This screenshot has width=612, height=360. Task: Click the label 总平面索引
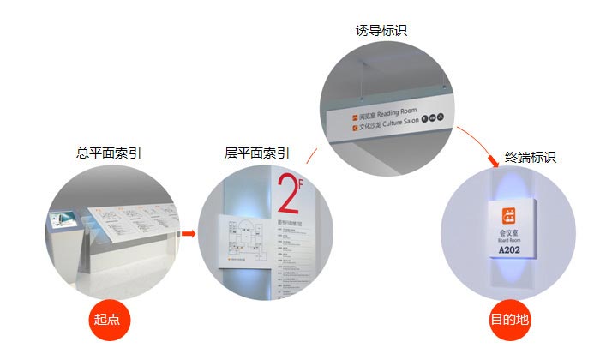point(109,154)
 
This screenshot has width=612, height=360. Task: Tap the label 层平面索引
point(256,154)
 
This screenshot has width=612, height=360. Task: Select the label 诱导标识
point(381,30)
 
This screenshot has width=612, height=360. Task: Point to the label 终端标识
point(531,157)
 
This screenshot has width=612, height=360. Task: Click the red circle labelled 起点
point(109,320)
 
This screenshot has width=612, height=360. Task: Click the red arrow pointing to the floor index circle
point(189,233)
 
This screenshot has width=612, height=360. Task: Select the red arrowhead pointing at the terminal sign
point(494,162)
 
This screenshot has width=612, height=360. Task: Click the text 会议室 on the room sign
point(509,232)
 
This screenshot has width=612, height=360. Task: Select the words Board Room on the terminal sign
point(509,242)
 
